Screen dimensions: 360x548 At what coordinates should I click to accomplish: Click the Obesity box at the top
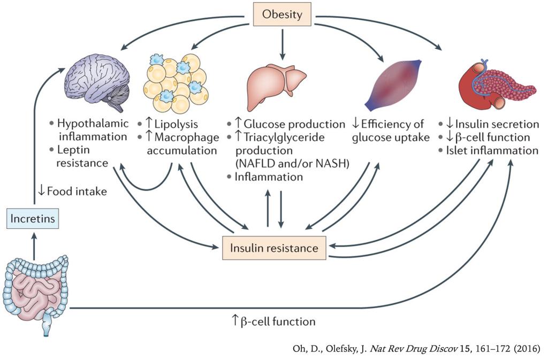click(282, 14)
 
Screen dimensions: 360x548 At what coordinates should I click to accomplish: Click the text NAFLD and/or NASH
click(292, 163)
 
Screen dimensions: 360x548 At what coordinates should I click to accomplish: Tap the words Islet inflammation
click(496, 151)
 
